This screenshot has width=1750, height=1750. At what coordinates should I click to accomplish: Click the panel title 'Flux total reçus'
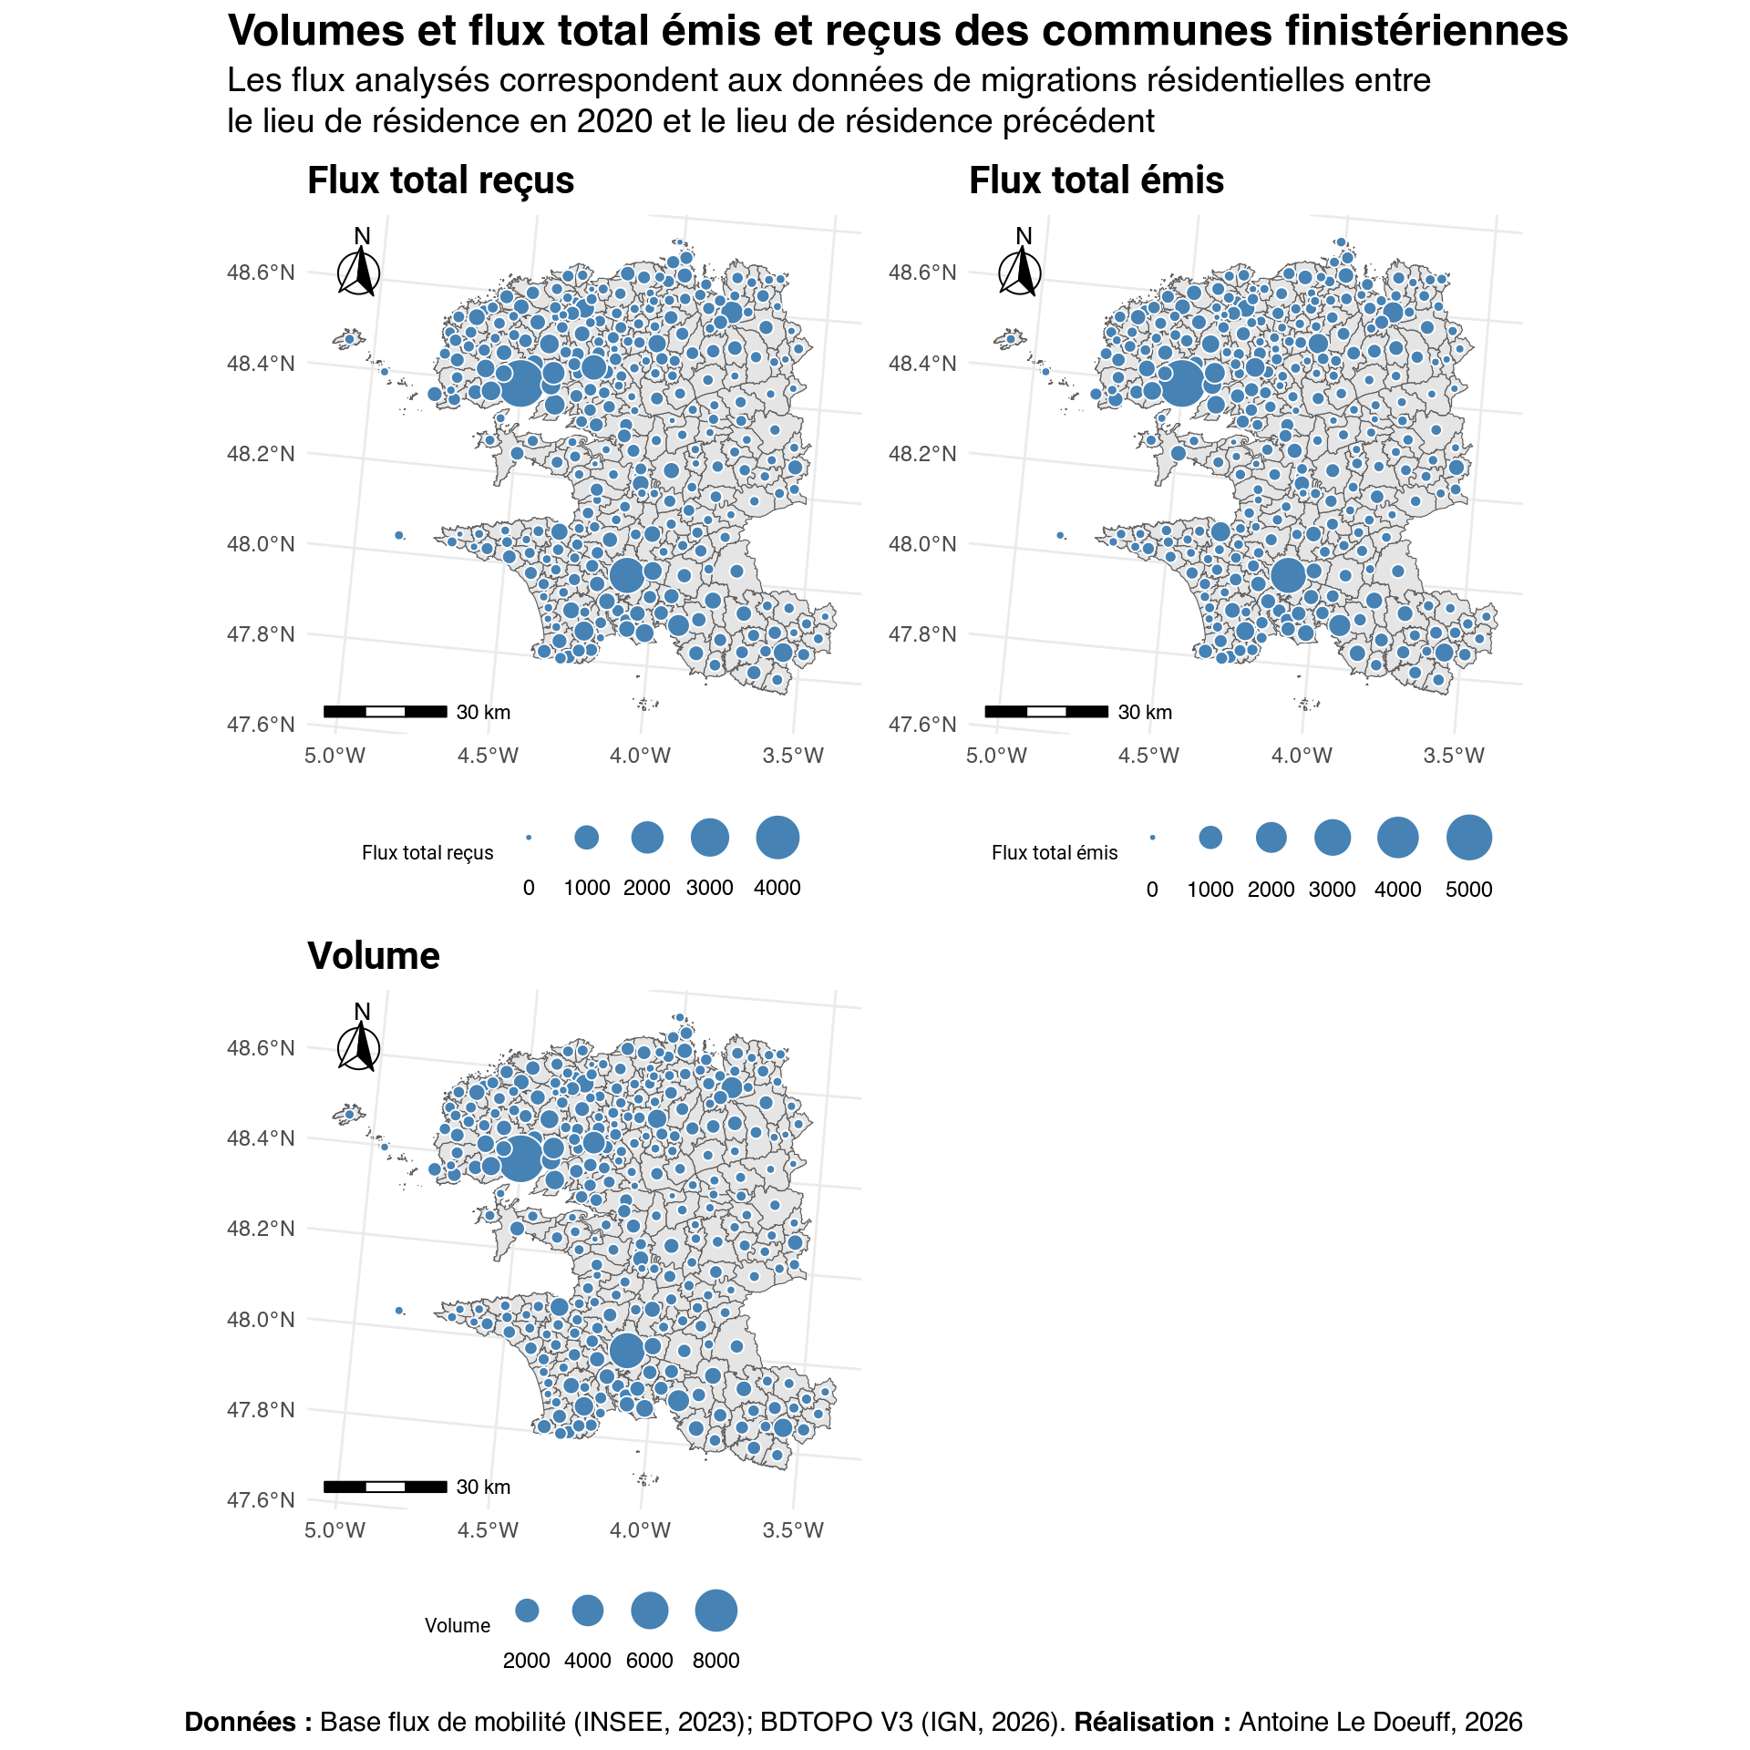(x=440, y=180)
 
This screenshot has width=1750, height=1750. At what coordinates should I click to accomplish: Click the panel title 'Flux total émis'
(x=1096, y=180)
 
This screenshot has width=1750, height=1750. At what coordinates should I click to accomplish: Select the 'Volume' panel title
(x=374, y=956)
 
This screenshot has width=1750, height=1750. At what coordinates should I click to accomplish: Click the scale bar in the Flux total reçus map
(x=385, y=711)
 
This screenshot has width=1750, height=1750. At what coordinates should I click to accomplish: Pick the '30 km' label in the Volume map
(x=483, y=1487)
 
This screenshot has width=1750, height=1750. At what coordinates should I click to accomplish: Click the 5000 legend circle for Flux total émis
(x=1468, y=838)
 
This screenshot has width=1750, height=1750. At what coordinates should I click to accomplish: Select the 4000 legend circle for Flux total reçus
(x=777, y=838)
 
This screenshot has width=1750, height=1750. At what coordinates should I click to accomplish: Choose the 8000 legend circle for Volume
(x=715, y=1611)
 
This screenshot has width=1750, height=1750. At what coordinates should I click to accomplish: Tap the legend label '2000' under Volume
(x=526, y=1661)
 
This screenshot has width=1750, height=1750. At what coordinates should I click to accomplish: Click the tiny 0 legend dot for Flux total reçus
(x=529, y=838)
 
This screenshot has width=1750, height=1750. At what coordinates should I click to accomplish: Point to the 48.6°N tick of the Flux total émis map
(x=921, y=273)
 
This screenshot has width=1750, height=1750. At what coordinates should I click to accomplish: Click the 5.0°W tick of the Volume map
(x=335, y=1530)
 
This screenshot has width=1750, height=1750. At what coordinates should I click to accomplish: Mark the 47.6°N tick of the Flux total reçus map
(x=261, y=725)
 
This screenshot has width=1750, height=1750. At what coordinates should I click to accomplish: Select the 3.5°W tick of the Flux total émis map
(x=1454, y=756)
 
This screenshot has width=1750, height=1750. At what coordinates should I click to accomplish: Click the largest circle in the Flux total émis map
(x=1182, y=383)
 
